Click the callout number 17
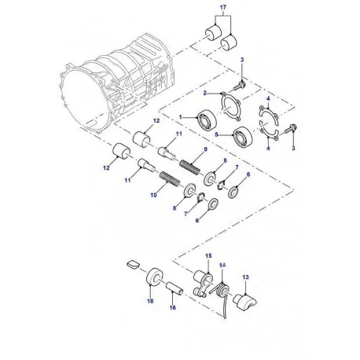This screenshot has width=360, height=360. pyautogui.click(x=222, y=9)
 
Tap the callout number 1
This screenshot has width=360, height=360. pyautogui.click(x=180, y=118)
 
